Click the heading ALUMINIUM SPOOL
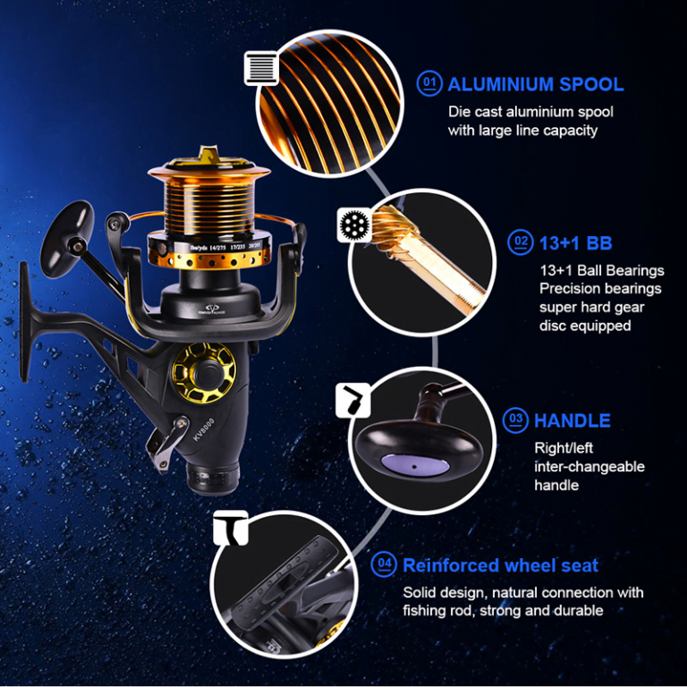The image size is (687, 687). [535, 85]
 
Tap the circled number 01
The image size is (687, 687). [430, 84]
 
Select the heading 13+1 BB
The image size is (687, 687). [575, 242]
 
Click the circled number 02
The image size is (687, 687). [519, 242]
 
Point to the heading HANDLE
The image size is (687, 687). [572, 420]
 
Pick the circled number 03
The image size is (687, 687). [515, 420]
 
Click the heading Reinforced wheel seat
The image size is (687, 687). [500, 565]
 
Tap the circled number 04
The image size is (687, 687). [385, 564]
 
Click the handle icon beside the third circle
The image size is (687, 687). [352, 402]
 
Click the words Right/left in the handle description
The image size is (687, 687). [564, 448]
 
